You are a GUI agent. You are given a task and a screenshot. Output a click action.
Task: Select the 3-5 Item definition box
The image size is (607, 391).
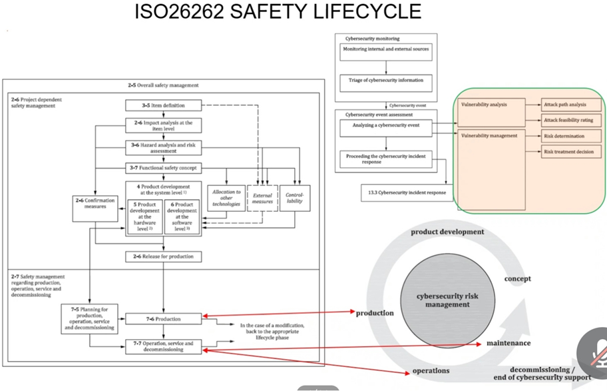pyautogui.click(x=164, y=105)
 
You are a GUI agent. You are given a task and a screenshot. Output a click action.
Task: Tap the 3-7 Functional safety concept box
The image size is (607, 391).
pyautogui.click(x=164, y=169)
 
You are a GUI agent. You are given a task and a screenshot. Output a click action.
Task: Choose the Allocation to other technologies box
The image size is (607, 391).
pyautogui.click(x=226, y=198)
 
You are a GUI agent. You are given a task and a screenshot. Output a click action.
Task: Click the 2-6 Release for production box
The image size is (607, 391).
pyautogui.click(x=164, y=256)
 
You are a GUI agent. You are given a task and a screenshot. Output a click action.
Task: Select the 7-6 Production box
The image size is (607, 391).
pyautogui.click(x=164, y=319)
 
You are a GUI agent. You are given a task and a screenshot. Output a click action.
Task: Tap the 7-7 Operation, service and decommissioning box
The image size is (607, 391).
pyautogui.click(x=164, y=346)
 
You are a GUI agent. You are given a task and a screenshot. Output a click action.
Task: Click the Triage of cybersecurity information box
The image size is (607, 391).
pyautogui.click(x=386, y=81)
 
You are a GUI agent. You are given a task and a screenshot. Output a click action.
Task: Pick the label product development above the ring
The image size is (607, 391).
pyautogui.click(x=447, y=232)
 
